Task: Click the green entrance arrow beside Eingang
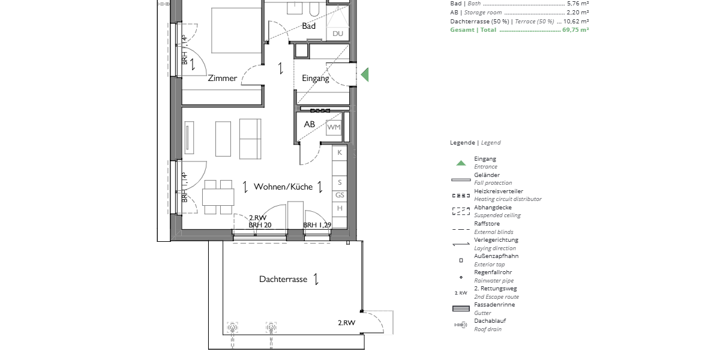365,74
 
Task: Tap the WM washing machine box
334,127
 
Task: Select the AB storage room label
309,124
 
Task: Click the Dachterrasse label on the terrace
283,279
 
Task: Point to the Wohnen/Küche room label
283,187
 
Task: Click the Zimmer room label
222,78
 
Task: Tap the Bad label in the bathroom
308,26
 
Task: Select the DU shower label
337,34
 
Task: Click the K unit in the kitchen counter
340,152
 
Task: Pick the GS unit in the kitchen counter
340,195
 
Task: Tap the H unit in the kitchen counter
340,208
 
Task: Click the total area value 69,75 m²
575,30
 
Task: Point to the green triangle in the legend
461,163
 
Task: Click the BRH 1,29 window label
317,225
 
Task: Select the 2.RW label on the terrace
347,323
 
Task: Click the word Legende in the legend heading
463,142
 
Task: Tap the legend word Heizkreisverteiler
499,191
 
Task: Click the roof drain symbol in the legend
461,325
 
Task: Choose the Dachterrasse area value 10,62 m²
576,21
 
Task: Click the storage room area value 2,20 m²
578,12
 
